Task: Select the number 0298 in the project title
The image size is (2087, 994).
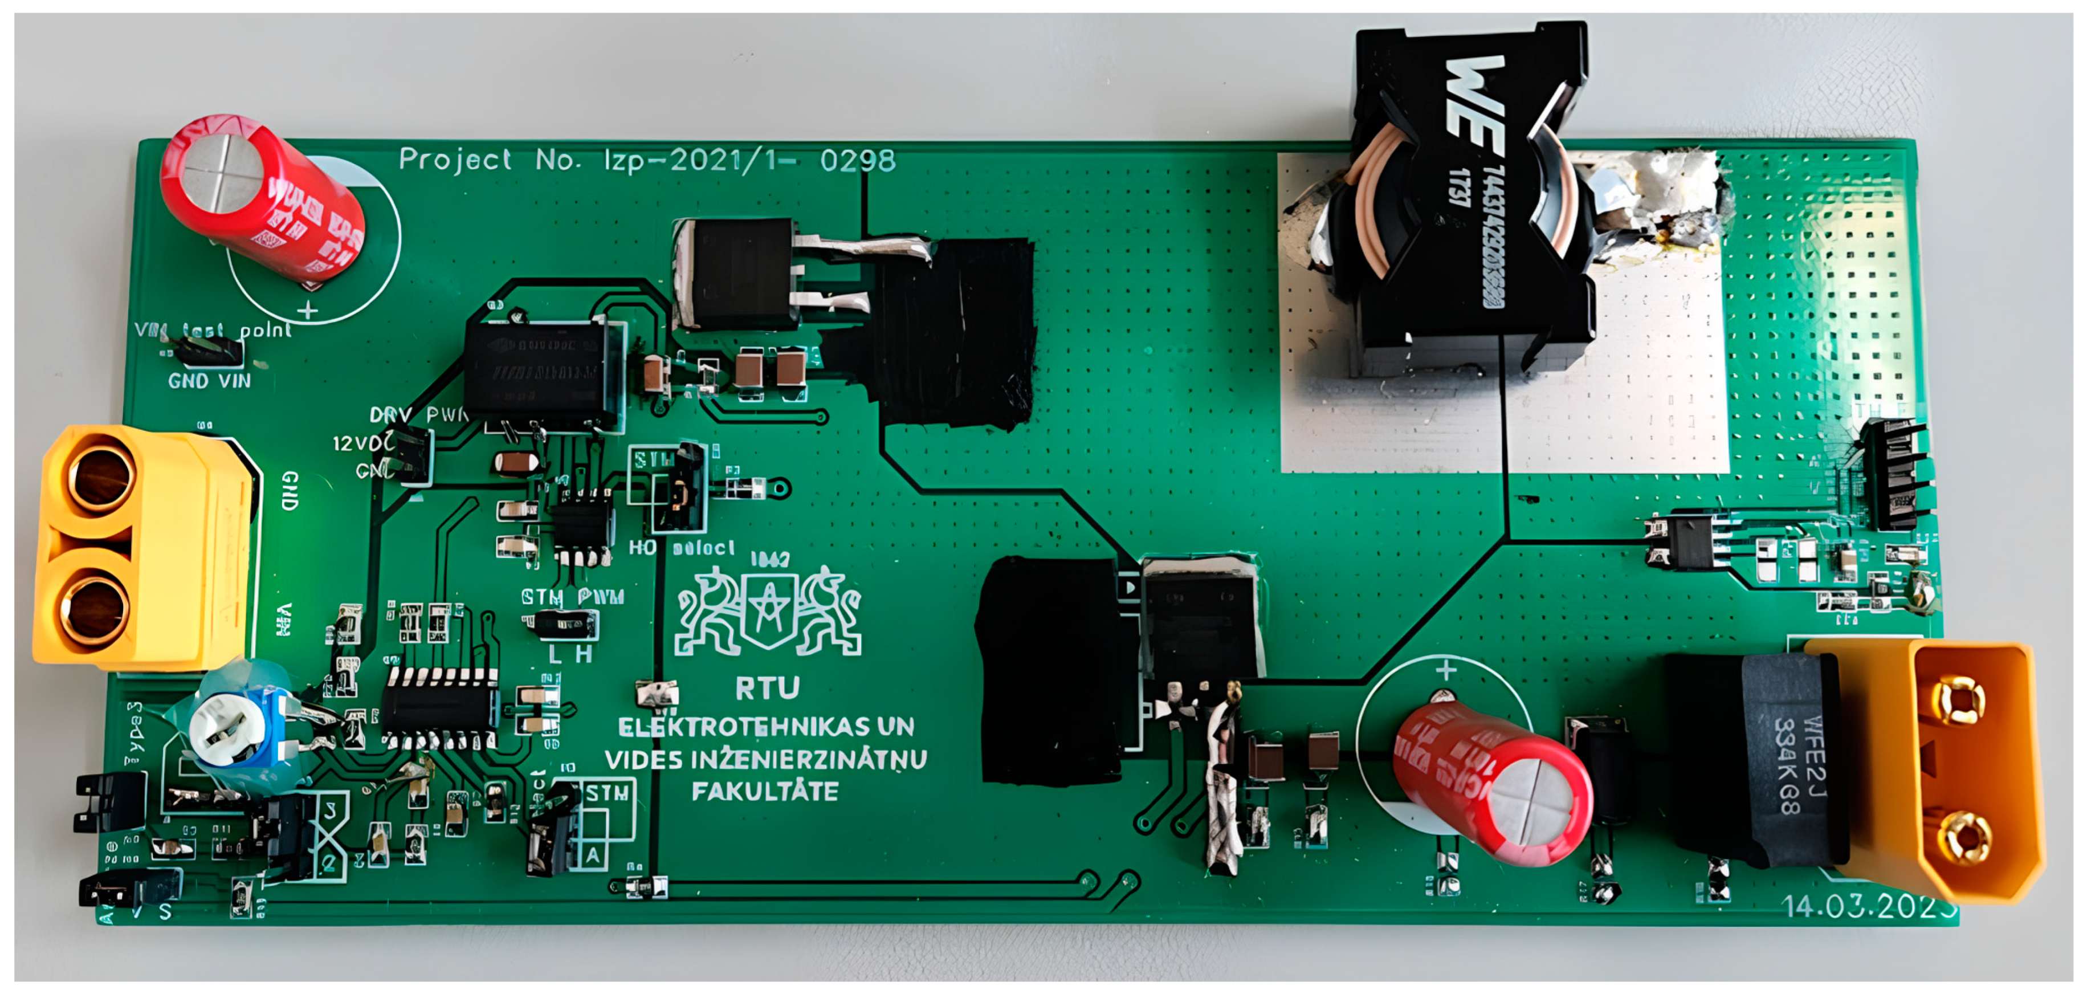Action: tap(857, 160)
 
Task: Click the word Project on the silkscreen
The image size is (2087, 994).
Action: tap(455, 160)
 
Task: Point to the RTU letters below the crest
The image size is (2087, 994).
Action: tap(767, 688)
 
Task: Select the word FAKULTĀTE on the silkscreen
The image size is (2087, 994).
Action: tap(765, 791)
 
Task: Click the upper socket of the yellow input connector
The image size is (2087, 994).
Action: tap(102, 478)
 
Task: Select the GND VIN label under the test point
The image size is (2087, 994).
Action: tap(209, 381)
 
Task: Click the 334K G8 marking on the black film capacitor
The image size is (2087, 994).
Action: tap(1787, 765)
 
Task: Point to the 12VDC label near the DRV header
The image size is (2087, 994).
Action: tap(361, 443)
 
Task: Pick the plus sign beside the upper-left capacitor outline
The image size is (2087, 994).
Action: tap(307, 310)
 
